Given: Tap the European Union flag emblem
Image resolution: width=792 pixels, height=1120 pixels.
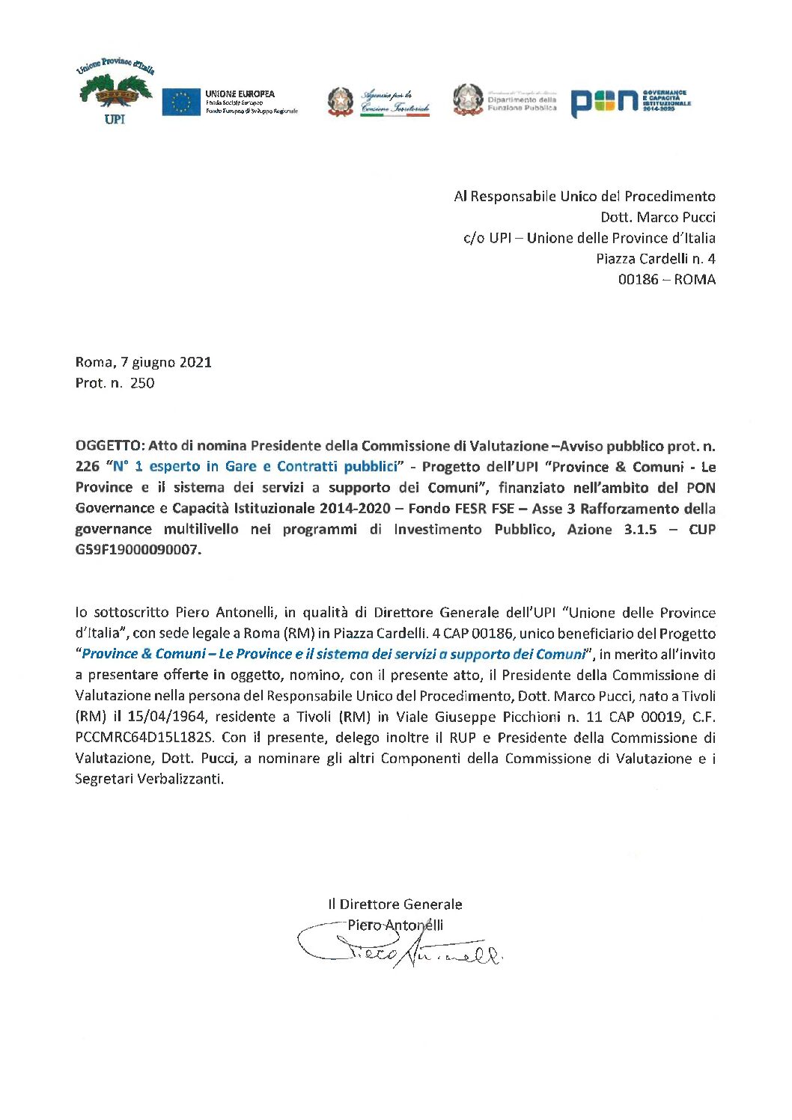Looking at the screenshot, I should point(180,102).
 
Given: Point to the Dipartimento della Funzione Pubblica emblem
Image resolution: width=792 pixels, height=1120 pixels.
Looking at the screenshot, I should point(469,100).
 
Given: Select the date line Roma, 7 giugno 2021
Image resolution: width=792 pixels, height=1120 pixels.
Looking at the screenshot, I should point(143,363).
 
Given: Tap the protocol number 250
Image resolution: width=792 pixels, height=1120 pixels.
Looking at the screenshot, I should point(142,383).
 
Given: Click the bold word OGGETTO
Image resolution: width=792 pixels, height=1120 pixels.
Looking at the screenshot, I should point(109,446).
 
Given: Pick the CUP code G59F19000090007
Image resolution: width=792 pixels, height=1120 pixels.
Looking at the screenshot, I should point(138,550).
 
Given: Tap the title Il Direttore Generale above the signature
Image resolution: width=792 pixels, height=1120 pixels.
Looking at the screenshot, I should point(395,905).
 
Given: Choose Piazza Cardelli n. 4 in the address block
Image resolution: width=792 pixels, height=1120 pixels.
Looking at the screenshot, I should point(655,259).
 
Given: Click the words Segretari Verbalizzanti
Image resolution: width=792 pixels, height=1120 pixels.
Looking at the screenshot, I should point(149,779).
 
